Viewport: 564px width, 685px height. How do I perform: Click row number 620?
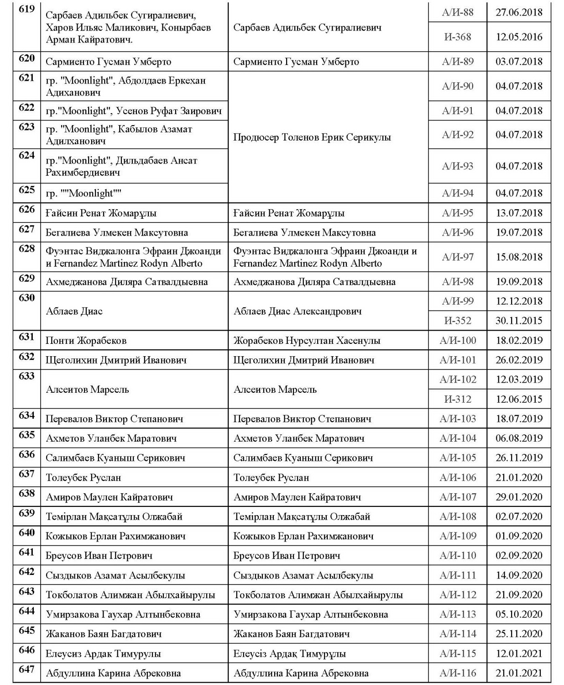[27, 58]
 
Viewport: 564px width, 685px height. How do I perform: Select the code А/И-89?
[458, 61]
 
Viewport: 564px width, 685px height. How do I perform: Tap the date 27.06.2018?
[519, 12]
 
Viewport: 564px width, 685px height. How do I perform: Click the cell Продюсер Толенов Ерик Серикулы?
[312, 137]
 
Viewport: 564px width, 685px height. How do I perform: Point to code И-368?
[458, 37]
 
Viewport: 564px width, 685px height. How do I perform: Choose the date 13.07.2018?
[519, 213]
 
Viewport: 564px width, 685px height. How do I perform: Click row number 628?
[27, 249]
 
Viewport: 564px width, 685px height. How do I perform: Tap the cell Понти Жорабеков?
[86, 340]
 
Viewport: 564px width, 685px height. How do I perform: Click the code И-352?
[458, 321]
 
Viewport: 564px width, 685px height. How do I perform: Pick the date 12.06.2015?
[519, 399]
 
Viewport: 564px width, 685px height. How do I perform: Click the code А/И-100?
[458, 340]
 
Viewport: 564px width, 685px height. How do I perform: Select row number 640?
[27, 533]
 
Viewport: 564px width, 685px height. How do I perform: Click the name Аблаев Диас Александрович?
[298, 311]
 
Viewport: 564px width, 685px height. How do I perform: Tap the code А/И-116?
[458, 673]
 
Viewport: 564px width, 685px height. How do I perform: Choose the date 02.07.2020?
[519, 516]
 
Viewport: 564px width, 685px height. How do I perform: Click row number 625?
[27, 190]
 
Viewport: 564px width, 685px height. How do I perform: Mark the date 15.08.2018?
[519, 257]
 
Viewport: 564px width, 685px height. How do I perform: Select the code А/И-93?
[458, 166]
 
